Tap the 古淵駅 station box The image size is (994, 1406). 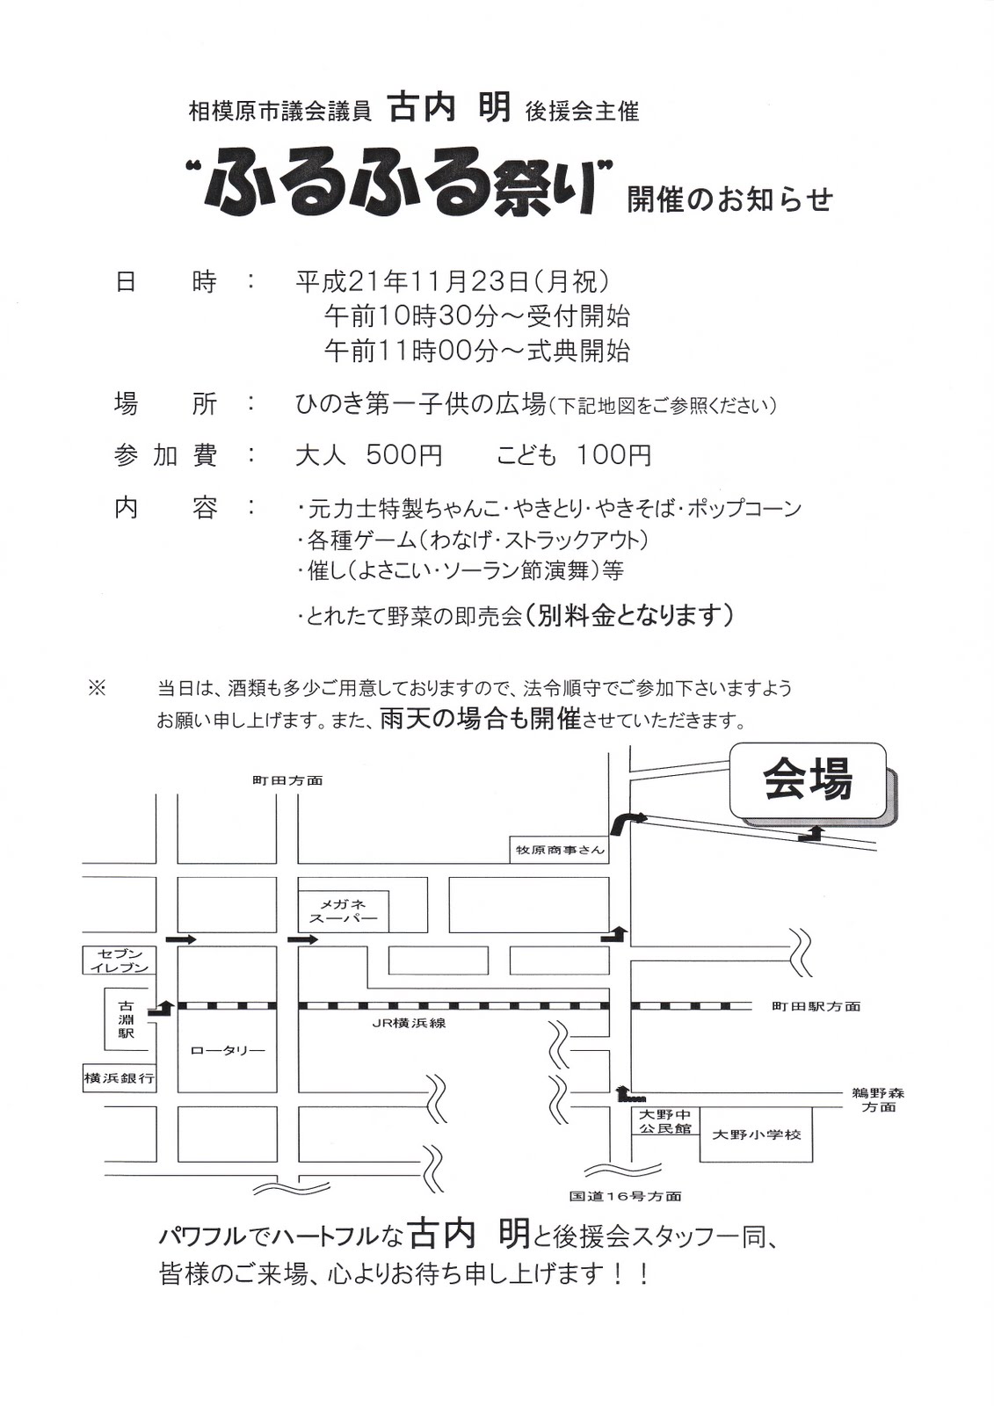pos(127,1019)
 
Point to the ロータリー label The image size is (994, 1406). pos(227,1050)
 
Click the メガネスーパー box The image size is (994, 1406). pos(343,911)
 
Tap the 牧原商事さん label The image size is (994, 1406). pos(560,850)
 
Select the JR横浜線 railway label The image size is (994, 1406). pos(409,1023)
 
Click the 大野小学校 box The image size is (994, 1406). pos(756,1134)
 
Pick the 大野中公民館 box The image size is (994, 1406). pos(664,1121)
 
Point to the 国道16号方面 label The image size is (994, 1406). pos(625,1196)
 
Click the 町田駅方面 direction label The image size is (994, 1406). pos(816,1007)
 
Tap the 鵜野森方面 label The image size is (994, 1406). pos(877,1100)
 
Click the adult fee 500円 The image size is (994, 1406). pos(404,455)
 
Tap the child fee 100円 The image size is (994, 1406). pos(613,455)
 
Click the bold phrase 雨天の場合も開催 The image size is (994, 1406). pos(482,719)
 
